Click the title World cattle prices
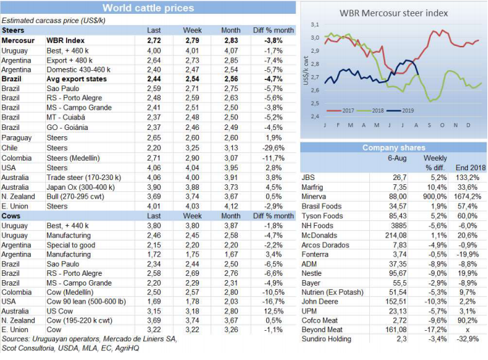[148, 8]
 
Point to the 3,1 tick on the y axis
[316, 24]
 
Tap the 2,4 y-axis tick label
[316, 116]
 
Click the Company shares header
[393, 148]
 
